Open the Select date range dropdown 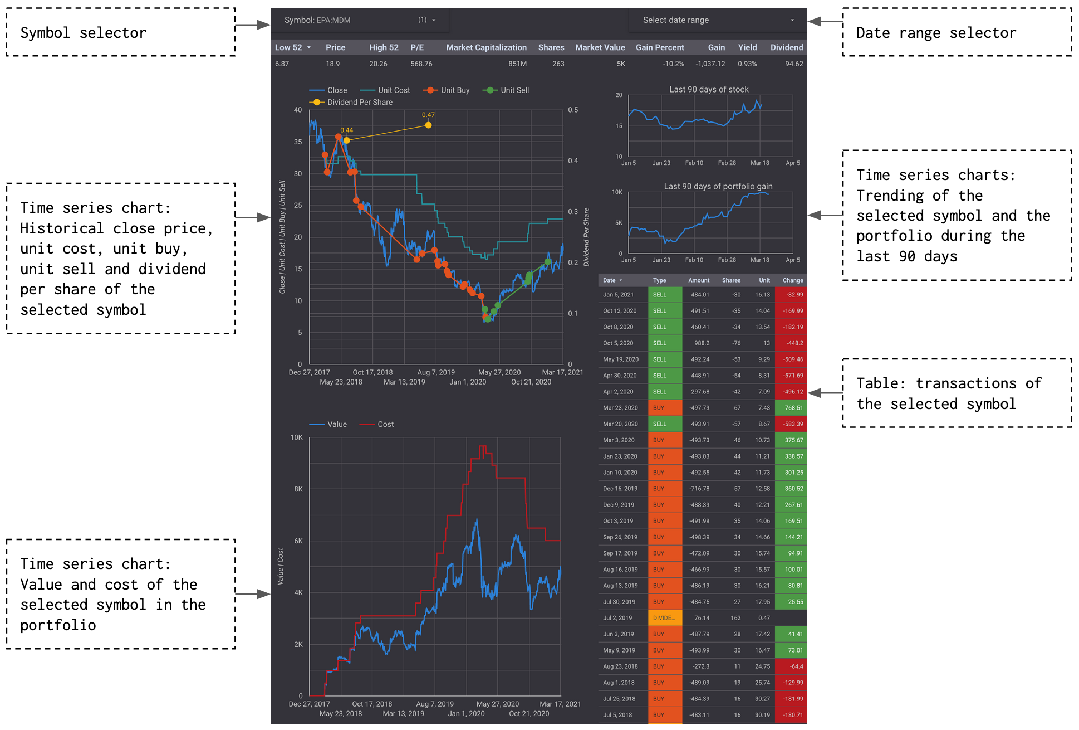[x=718, y=20]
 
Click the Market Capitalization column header [x=486, y=47]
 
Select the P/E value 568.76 [x=421, y=64]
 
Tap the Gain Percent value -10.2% [x=673, y=64]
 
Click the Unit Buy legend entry [x=447, y=90]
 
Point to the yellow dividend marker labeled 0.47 [x=428, y=125]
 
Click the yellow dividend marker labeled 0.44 [x=346, y=140]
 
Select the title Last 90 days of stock [x=708, y=89]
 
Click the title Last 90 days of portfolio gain [x=718, y=186]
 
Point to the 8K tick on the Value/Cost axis [x=298, y=489]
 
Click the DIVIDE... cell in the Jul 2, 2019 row [x=665, y=617]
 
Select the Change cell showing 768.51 [x=791, y=407]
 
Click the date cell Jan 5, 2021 [x=618, y=294]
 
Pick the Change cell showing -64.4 [x=791, y=666]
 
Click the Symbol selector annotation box [x=121, y=32]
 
